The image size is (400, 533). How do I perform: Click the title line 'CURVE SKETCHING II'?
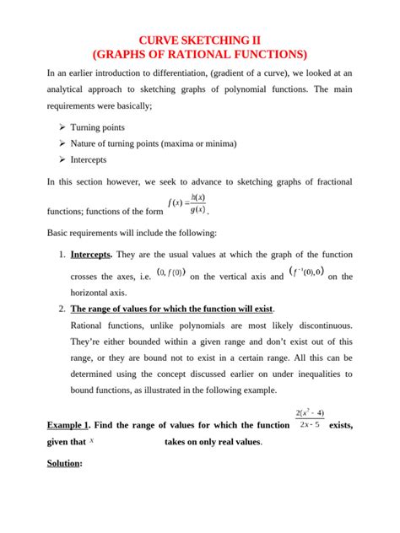pyautogui.click(x=200, y=40)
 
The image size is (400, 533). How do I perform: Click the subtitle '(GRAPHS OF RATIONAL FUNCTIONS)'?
pyautogui.click(x=200, y=55)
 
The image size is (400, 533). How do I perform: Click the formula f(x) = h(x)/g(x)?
pyautogui.click(x=187, y=205)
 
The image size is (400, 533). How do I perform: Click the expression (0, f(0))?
pyautogui.click(x=172, y=273)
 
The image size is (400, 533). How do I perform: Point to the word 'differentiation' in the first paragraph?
pyautogui.click(x=188, y=74)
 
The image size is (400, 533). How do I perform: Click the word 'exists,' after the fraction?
pyautogui.click(x=338, y=426)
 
